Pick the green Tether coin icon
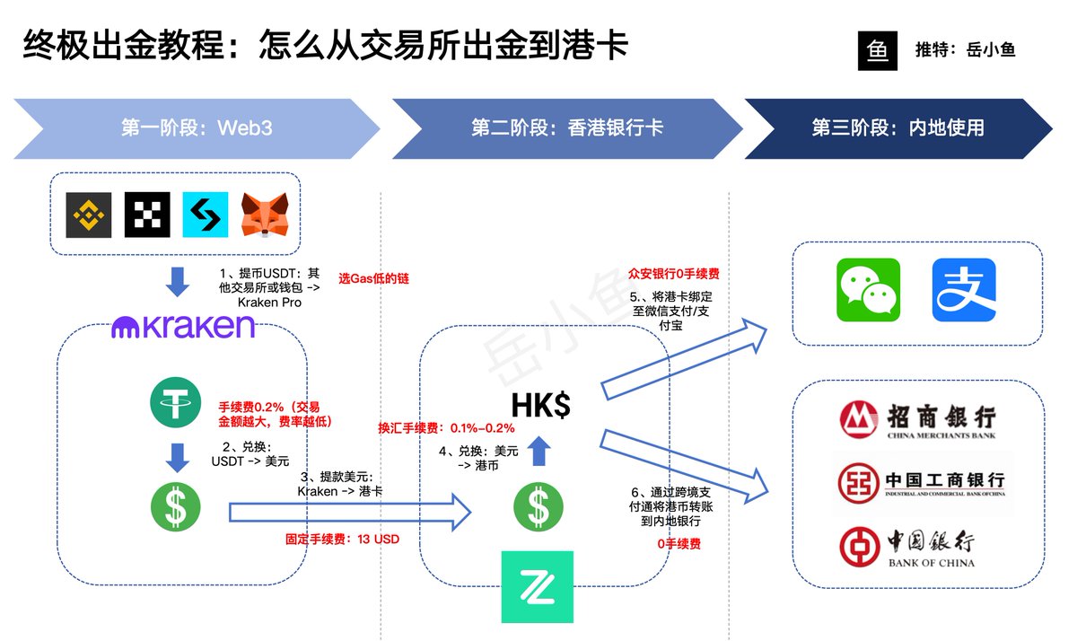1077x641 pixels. (x=175, y=402)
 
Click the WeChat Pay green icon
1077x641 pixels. (x=868, y=290)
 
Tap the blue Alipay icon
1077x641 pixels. (x=964, y=290)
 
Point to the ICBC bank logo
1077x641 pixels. (x=921, y=484)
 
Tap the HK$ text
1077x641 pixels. (x=540, y=406)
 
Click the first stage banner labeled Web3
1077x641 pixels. (x=197, y=127)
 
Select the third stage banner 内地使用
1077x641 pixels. (x=897, y=127)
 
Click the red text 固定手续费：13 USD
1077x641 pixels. (x=342, y=540)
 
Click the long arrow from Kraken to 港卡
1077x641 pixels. (x=350, y=513)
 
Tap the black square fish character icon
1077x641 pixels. (x=878, y=51)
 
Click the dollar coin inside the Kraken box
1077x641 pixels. (x=175, y=507)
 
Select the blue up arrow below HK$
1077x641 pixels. (x=538, y=451)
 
